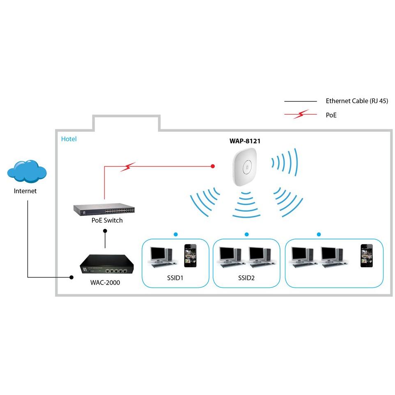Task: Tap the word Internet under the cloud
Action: pos(25,191)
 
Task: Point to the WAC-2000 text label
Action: pos(105,282)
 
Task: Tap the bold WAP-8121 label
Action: pos(245,141)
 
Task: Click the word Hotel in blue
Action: pos(69,139)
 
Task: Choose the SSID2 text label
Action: pos(246,278)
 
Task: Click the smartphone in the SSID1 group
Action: pos(190,255)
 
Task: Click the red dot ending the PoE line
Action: pos(213,166)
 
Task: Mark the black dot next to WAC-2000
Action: pos(71,278)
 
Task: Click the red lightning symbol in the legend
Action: pos(300,115)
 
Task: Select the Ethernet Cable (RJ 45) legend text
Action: pos(356,101)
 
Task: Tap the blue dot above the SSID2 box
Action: pos(246,234)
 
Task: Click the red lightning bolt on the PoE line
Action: pos(128,166)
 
